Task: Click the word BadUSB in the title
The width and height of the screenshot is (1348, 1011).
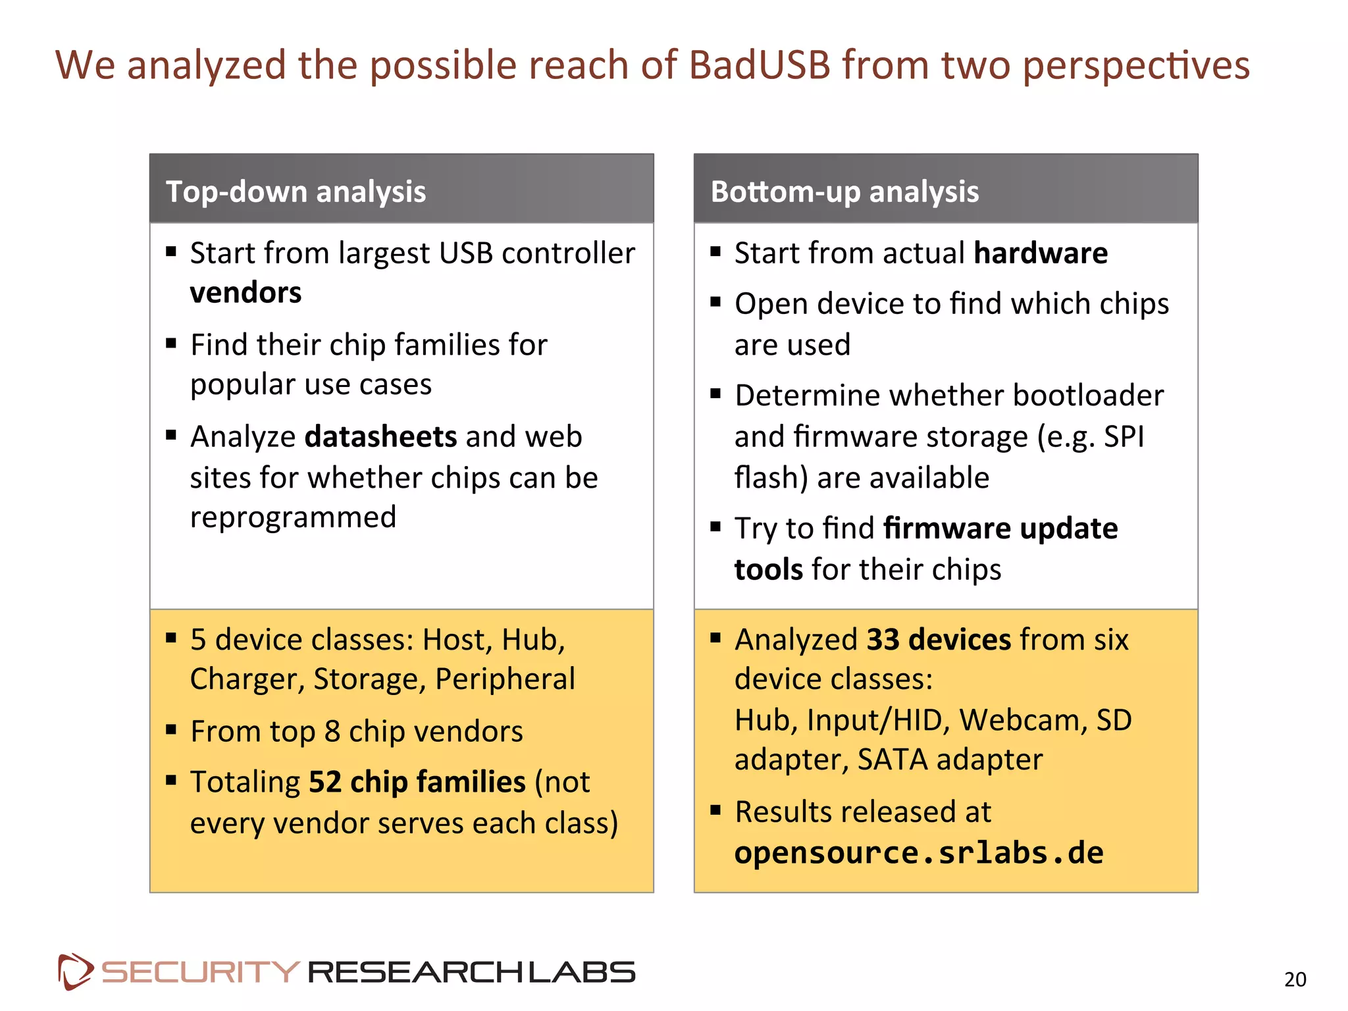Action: [760, 65]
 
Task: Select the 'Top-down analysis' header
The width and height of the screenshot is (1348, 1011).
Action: [296, 192]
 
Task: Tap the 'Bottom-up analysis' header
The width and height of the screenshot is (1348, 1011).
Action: [844, 192]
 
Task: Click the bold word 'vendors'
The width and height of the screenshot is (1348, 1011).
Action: [246, 293]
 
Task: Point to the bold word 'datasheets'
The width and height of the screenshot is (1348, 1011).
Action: [380, 437]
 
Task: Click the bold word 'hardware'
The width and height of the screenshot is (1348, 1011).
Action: [1041, 253]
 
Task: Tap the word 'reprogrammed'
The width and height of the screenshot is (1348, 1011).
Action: [293, 517]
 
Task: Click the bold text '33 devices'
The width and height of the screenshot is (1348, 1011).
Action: [939, 640]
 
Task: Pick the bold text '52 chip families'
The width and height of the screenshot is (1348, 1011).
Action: [417, 782]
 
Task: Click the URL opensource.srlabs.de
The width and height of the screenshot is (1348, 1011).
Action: [919, 853]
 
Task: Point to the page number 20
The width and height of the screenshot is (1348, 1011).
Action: [1295, 979]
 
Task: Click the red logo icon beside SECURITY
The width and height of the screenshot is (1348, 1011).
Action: [74, 972]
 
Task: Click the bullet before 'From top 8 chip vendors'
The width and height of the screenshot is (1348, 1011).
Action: [172, 729]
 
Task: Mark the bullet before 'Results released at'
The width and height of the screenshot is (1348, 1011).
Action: [716, 810]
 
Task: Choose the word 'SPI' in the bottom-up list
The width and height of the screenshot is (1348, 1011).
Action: [1124, 437]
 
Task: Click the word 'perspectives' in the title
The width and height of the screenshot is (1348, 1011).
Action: [1135, 65]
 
